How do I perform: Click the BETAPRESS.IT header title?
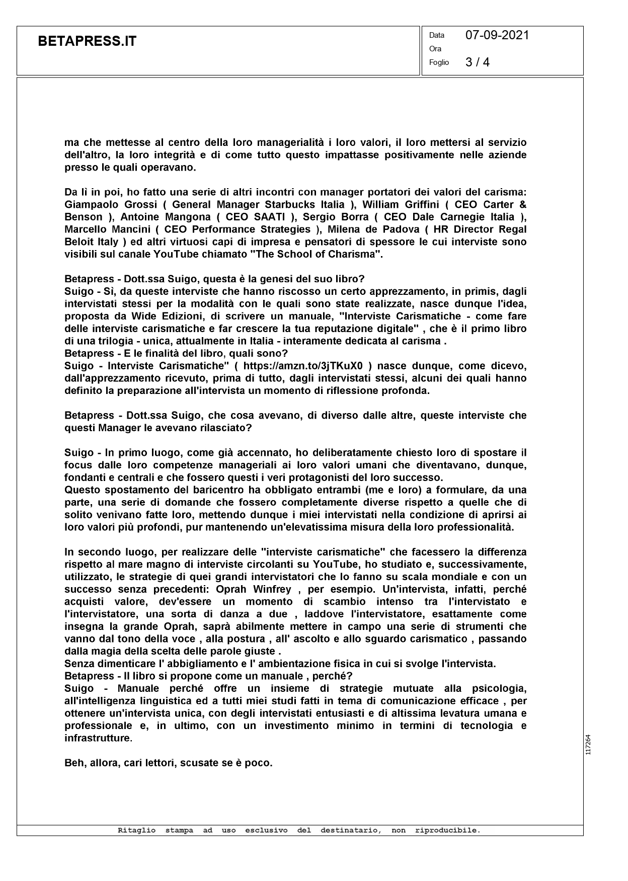tap(87, 42)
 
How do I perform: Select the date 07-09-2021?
tap(497, 35)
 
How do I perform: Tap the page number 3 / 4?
tap(478, 62)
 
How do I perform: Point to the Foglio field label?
tap(439, 63)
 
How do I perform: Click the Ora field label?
tap(435, 49)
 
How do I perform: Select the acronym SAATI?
tap(267, 217)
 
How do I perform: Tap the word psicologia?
tap(499, 689)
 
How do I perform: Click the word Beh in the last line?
tap(74, 763)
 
